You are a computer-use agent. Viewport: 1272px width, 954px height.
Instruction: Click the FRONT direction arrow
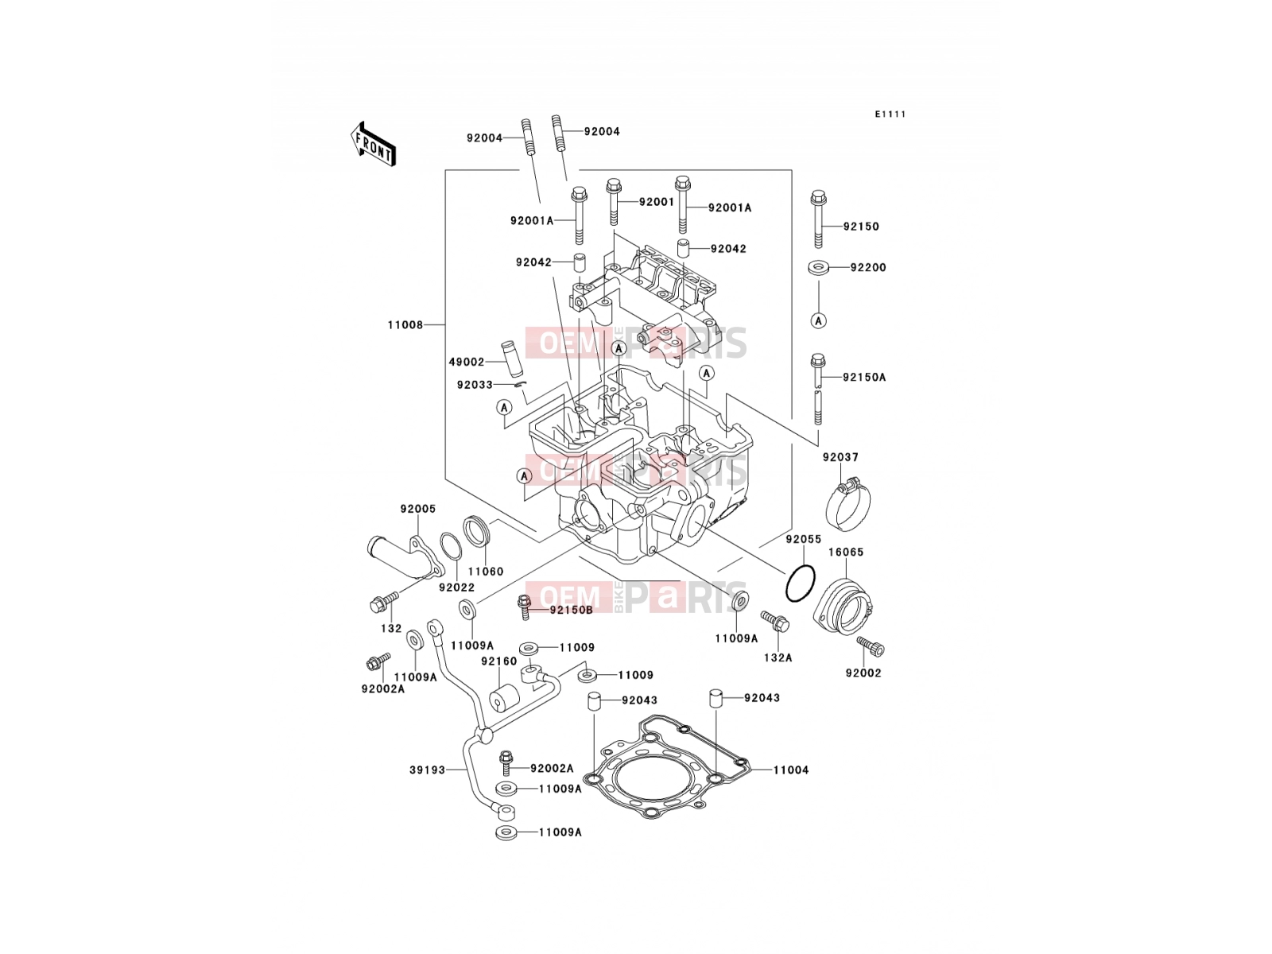click(x=373, y=145)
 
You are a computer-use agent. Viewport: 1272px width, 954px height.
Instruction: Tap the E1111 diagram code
click(x=890, y=114)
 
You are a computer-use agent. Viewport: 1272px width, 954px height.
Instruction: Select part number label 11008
click(x=405, y=325)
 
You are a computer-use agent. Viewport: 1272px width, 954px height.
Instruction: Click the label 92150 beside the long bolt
click(x=861, y=227)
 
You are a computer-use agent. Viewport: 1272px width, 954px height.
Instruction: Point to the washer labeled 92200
click(x=818, y=268)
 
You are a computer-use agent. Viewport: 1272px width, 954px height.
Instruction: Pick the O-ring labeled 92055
click(x=801, y=583)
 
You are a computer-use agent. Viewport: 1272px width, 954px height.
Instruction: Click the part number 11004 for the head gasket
click(x=791, y=770)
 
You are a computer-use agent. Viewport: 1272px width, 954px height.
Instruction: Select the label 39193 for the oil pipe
click(x=428, y=770)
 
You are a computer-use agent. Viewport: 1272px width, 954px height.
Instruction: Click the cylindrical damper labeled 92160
click(x=503, y=699)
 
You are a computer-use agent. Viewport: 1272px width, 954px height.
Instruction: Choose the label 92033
click(x=475, y=385)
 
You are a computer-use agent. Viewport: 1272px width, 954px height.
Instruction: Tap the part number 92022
click(x=456, y=588)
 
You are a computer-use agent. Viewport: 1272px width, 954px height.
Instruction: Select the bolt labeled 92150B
click(x=525, y=607)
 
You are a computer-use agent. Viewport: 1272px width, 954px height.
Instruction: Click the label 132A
click(x=778, y=657)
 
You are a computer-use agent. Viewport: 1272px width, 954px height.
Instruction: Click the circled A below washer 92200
click(x=818, y=320)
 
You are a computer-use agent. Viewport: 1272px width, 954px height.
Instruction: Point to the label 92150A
click(x=865, y=377)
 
